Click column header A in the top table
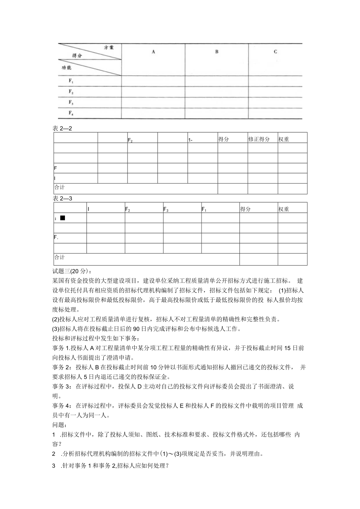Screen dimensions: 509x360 pyautogui.click(x=153, y=52)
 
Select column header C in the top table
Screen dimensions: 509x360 pyautogui.click(x=275, y=52)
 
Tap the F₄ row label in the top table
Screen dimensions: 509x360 pyautogui.click(x=71, y=113)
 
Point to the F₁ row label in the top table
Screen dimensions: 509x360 pyautogui.click(x=71, y=81)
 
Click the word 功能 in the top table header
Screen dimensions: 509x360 pyautogui.click(x=67, y=67)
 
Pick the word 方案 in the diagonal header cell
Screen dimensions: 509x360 pyautogui.click(x=109, y=47)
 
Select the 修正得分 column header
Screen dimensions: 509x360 pyautogui.click(x=259, y=139)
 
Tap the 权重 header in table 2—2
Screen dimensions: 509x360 pyautogui.click(x=284, y=139)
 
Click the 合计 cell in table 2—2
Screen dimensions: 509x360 pyautogui.click(x=59, y=187)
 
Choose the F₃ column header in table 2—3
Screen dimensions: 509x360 pyautogui.click(x=166, y=209)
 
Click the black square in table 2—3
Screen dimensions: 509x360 pyautogui.click(x=63, y=218)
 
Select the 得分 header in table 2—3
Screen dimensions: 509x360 pyautogui.click(x=245, y=209)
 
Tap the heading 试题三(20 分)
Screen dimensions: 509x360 pyautogui.click(x=72, y=271)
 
